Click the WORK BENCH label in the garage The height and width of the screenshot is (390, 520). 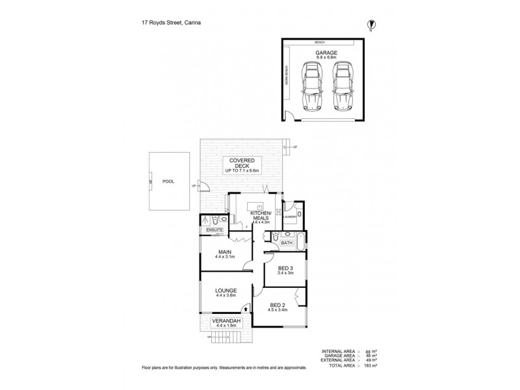[x=287, y=79]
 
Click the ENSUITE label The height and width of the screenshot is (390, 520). [x=214, y=230]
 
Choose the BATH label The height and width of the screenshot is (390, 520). [x=287, y=242]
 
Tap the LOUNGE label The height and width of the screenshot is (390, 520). [x=226, y=291]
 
